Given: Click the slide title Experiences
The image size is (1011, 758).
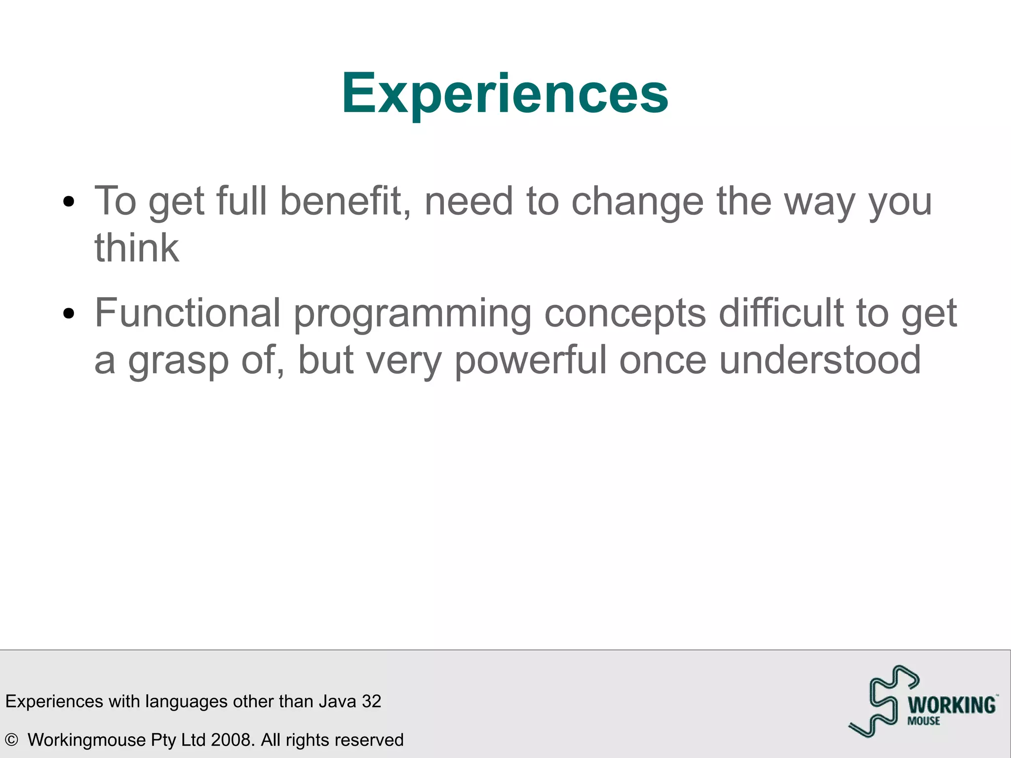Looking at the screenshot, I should click(x=505, y=93).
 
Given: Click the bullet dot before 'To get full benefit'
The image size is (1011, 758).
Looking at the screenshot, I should click(x=69, y=201).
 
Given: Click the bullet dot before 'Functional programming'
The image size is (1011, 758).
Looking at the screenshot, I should click(x=69, y=313).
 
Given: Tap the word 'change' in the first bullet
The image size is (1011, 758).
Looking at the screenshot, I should click(x=637, y=202).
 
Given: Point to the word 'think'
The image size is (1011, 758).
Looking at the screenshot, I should click(x=137, y=248).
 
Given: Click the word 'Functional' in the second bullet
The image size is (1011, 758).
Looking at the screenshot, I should click(x=188, y=313).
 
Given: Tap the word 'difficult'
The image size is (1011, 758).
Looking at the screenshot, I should click(x=780, y=313).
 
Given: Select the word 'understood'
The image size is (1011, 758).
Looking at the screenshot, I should click(x=819, y=360).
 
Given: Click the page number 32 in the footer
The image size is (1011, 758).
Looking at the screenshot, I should click(x=371, y=701).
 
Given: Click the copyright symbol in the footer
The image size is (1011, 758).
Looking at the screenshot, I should click(x=11, y=740).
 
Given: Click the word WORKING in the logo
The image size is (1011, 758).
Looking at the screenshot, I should click(x=951, y=705).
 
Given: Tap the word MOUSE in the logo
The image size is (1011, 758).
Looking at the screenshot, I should click(x=924, y=721).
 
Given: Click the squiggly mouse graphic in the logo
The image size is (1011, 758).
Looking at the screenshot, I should click(x=884, y=701).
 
